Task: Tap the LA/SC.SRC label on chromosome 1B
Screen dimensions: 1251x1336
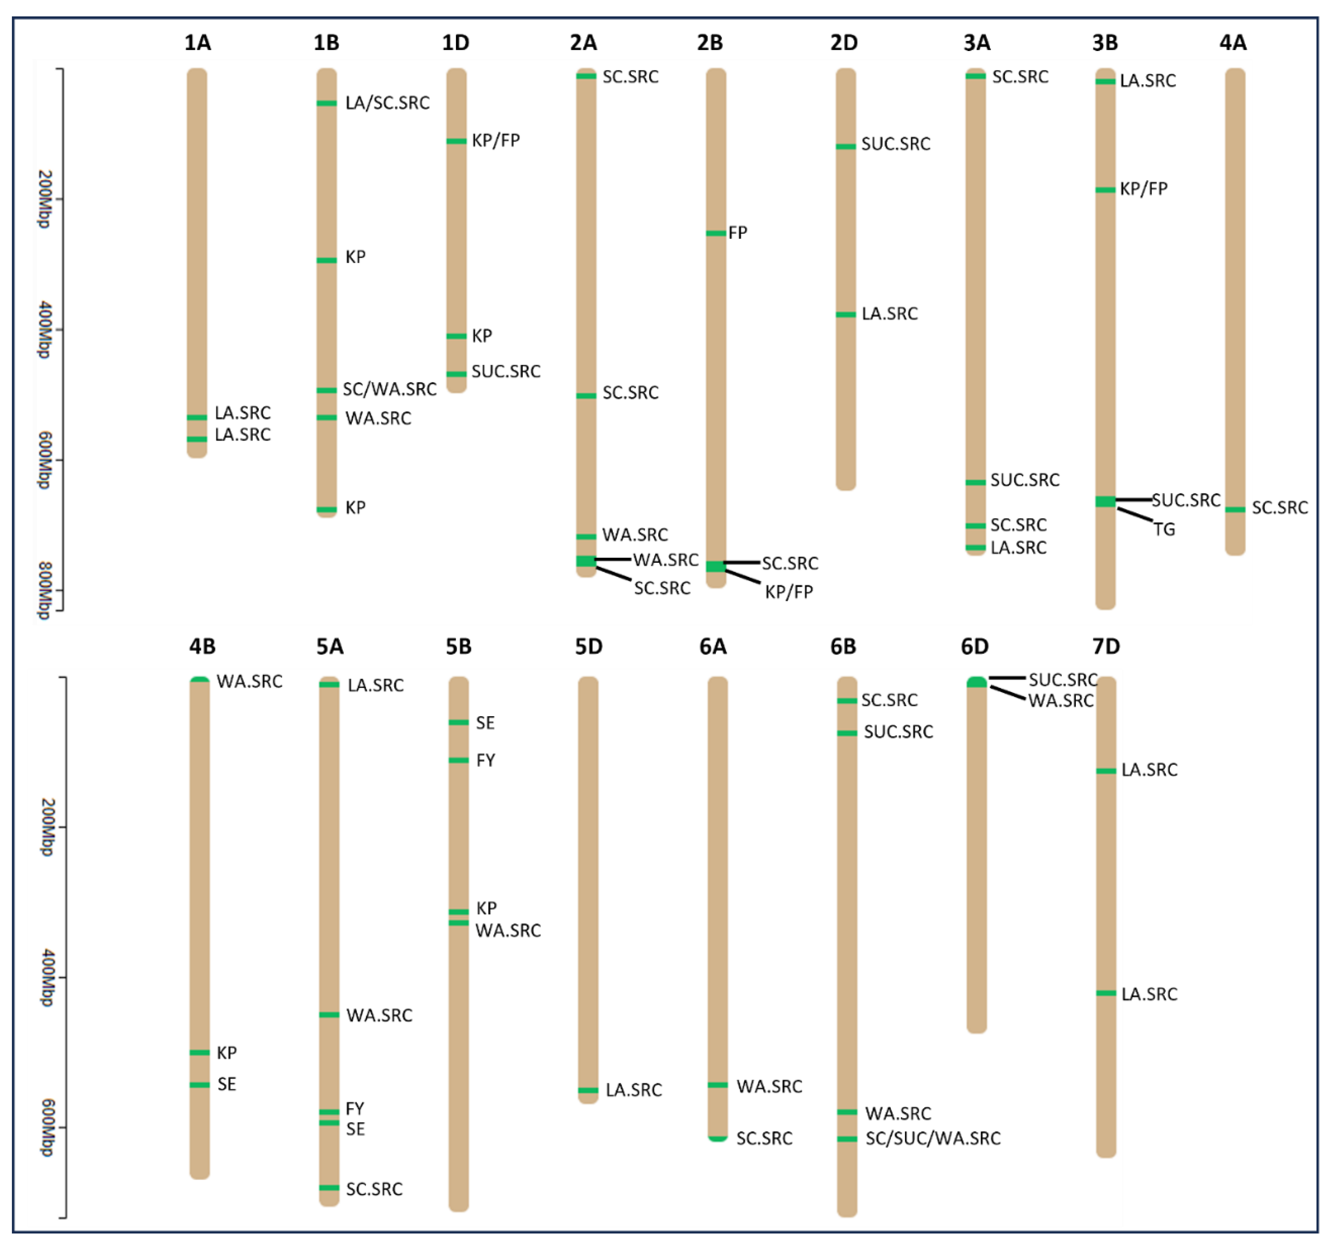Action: pyautogui.click(x=387, y=103)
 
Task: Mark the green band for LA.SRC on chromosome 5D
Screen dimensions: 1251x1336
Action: pyautogui.click(x=588, y=1090)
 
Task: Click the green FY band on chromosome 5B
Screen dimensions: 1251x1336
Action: pyautogui.click(x=458, y=760)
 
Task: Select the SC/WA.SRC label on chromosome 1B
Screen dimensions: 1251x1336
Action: pyautogui.click(x=389, y=389)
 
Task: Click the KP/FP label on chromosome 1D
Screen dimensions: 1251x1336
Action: pyautogui.click(x=495, y=140)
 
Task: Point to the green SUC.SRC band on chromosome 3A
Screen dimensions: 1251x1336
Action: pyautogui.click(x=975, y=482)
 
